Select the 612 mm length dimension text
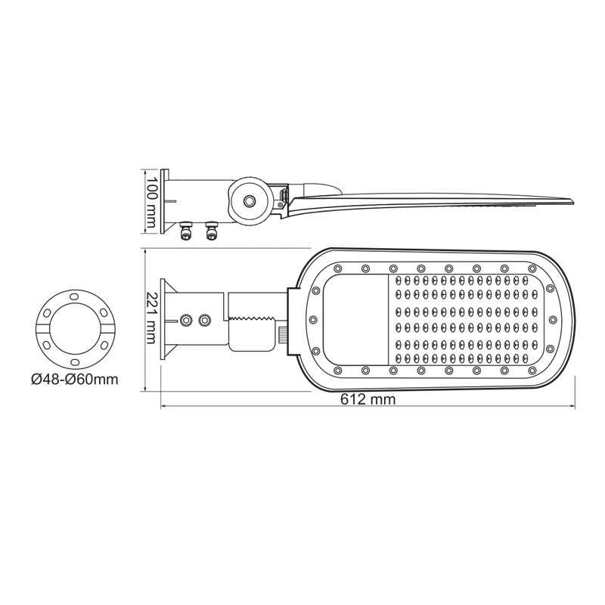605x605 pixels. [x=369, y=400]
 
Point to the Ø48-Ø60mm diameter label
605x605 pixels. [x=75, y=379]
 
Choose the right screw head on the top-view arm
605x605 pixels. [x=203, y=321]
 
